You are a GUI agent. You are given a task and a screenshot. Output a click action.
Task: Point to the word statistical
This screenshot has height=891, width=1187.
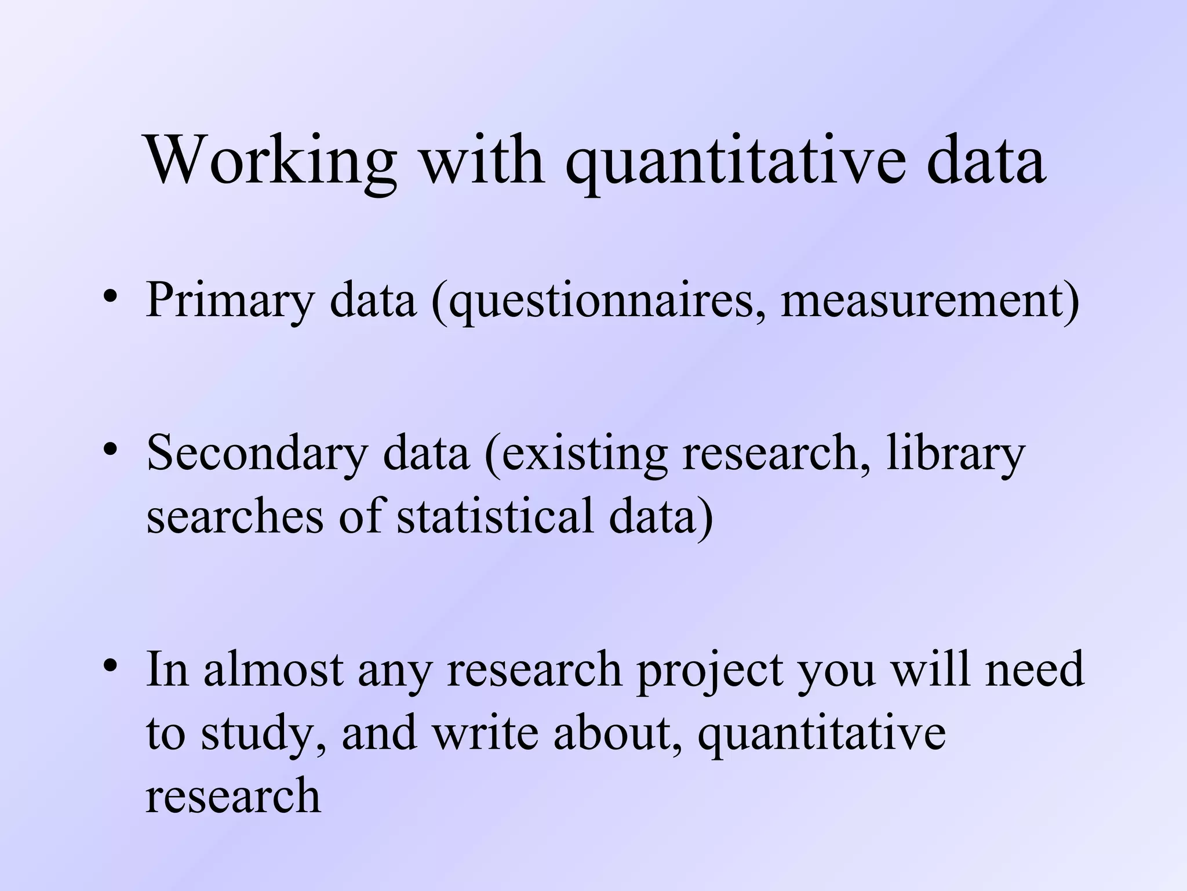pos(495,515)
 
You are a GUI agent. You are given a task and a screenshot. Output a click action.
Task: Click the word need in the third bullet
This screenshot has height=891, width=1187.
pos(1034,669)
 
